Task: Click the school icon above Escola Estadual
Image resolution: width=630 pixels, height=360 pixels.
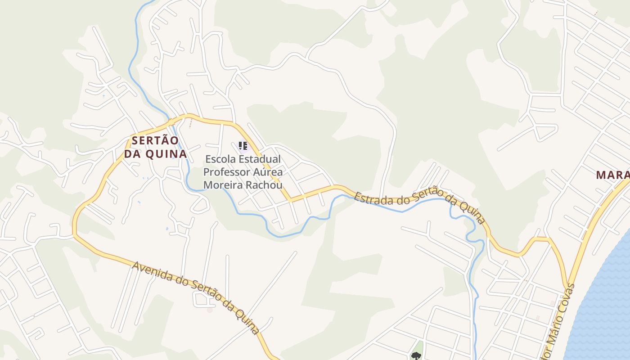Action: coord(243,145)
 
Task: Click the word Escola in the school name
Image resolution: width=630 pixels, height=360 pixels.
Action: coord(220,159)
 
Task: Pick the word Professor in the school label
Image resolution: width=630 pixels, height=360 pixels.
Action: coord(226,172)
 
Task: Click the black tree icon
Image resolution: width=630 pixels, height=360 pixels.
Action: coord(415,356)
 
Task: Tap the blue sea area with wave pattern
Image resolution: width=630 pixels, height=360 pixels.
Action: coord(603,306)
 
